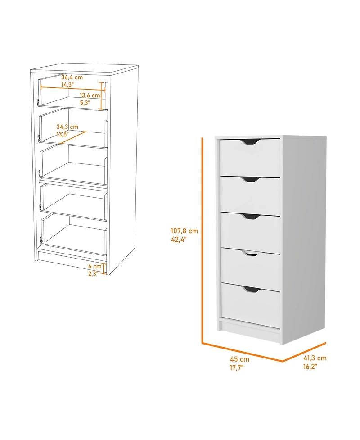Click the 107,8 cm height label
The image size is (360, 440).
click(x=184, y=231)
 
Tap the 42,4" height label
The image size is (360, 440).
click(x=179, y=240)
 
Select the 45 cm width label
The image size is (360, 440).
click(x=240, y=359)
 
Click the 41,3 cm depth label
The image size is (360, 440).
click(x=315, y=358)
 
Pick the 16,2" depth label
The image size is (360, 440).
click(x=310, y=367)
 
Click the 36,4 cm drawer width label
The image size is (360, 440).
click(x=72, y=77)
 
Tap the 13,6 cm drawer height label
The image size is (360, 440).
click(x=90, y=95)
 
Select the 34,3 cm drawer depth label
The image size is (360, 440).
click(x=67, y=127)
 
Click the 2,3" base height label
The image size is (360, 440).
click(x=94, y=273)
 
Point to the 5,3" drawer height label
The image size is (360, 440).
click(x=85, y=103)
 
